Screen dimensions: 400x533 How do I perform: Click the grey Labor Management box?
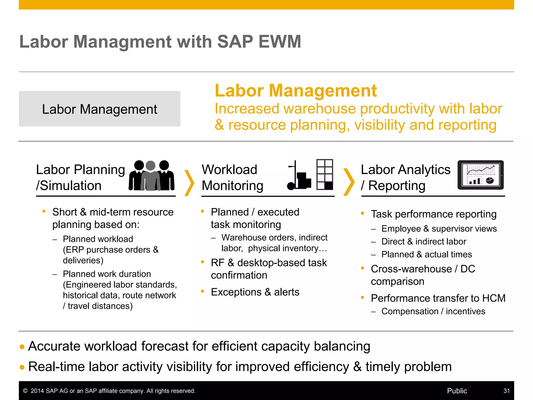(99, 109)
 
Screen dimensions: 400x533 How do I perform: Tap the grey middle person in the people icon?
(150, 177)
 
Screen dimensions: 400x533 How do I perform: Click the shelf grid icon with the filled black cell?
(325, 174)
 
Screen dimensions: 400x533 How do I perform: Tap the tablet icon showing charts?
(480, 175)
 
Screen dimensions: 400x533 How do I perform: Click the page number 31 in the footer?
(506, 391)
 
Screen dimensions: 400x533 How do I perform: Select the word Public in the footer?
(457, 391)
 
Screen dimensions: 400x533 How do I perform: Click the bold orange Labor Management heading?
(296, 91)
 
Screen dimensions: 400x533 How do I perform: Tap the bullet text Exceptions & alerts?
(255, 292)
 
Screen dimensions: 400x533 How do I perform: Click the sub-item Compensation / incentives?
(433, 311)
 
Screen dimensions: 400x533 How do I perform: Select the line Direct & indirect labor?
(424, 241)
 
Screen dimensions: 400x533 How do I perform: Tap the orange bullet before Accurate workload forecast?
(22, 347)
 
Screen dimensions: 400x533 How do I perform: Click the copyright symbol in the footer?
(25, 391)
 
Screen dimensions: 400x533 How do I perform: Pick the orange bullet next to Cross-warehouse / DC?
(363, 268)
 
